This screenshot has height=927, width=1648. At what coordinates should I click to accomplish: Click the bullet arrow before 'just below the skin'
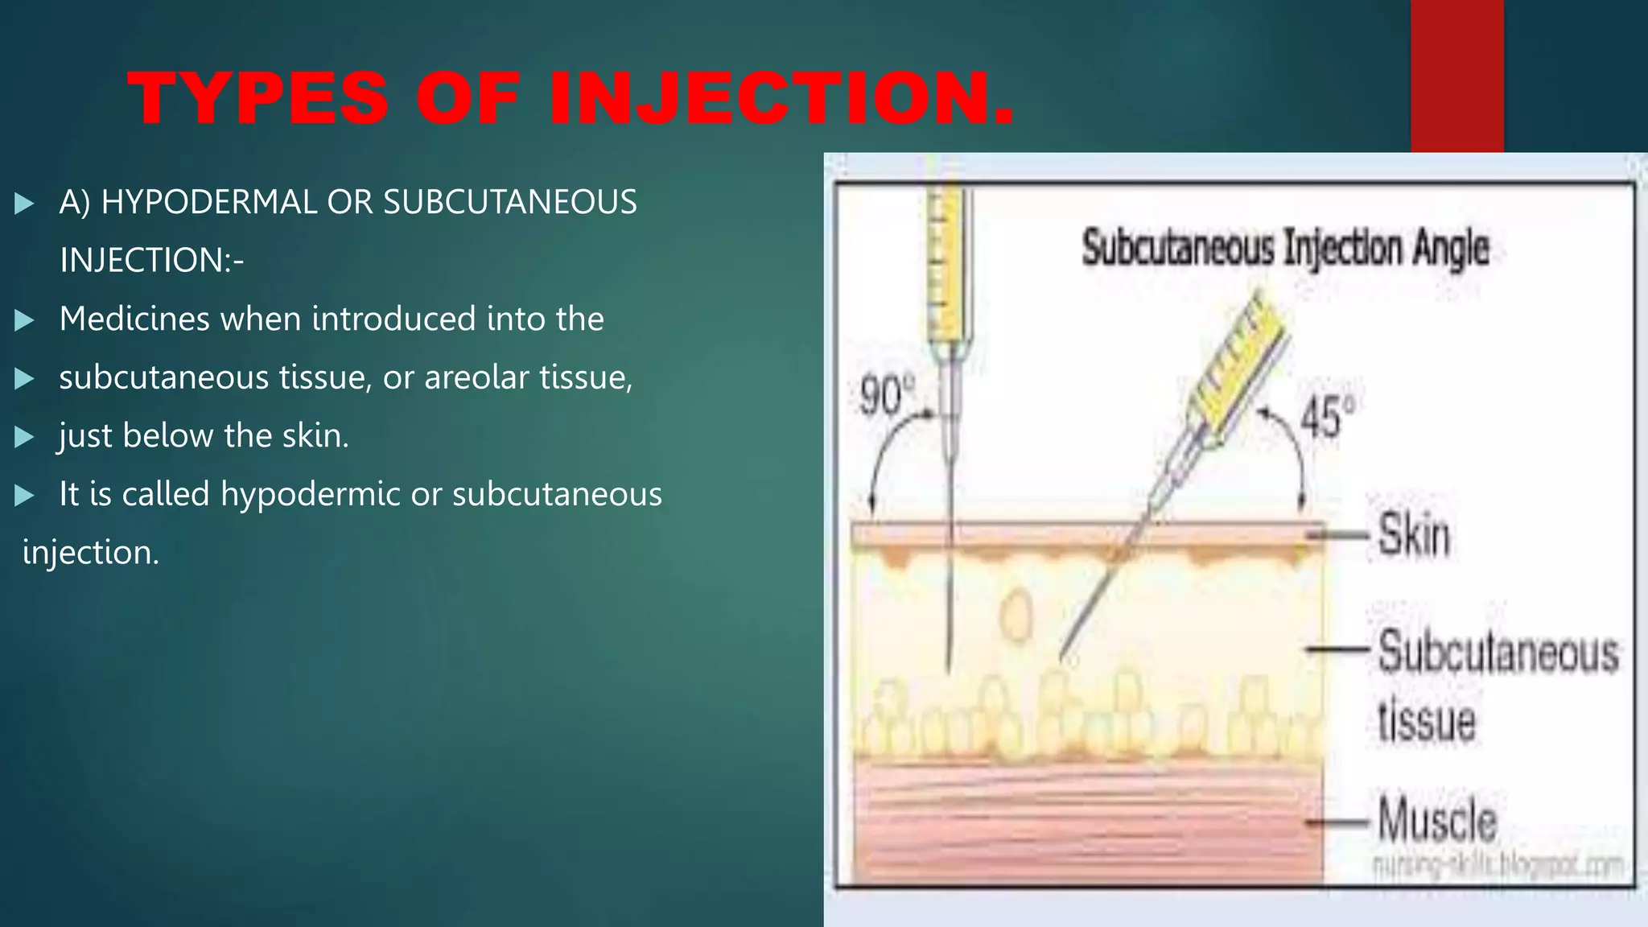24,437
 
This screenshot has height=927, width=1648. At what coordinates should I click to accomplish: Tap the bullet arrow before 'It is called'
24,495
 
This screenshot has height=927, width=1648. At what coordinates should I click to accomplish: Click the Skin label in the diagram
1414,534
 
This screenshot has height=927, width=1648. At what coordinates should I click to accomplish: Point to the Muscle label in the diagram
1437,819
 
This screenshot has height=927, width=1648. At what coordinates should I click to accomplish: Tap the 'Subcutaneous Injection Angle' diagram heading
1285,247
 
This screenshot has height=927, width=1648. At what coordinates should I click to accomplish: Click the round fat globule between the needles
1016,615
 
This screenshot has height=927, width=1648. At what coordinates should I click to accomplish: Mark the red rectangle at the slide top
1456,76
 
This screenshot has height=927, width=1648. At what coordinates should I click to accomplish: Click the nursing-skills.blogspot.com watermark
1497,866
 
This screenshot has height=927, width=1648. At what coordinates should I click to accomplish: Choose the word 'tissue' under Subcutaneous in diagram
1426,720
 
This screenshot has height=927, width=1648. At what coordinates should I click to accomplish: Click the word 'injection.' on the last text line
91,553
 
